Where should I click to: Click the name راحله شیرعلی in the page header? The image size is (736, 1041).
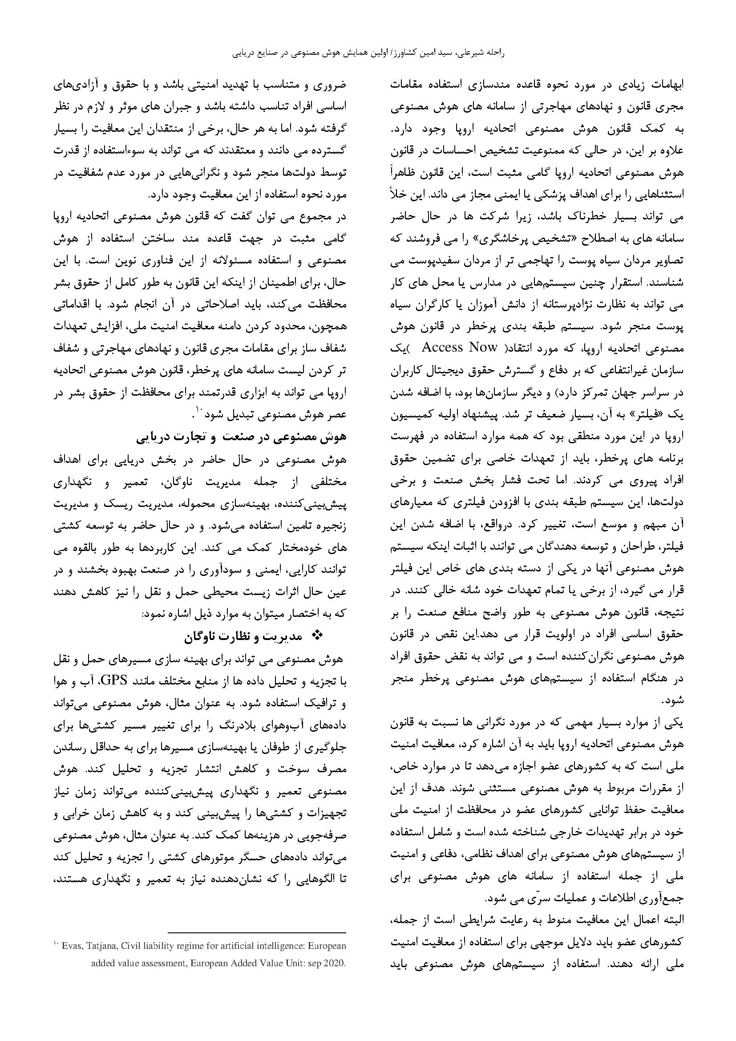(481, 53)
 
